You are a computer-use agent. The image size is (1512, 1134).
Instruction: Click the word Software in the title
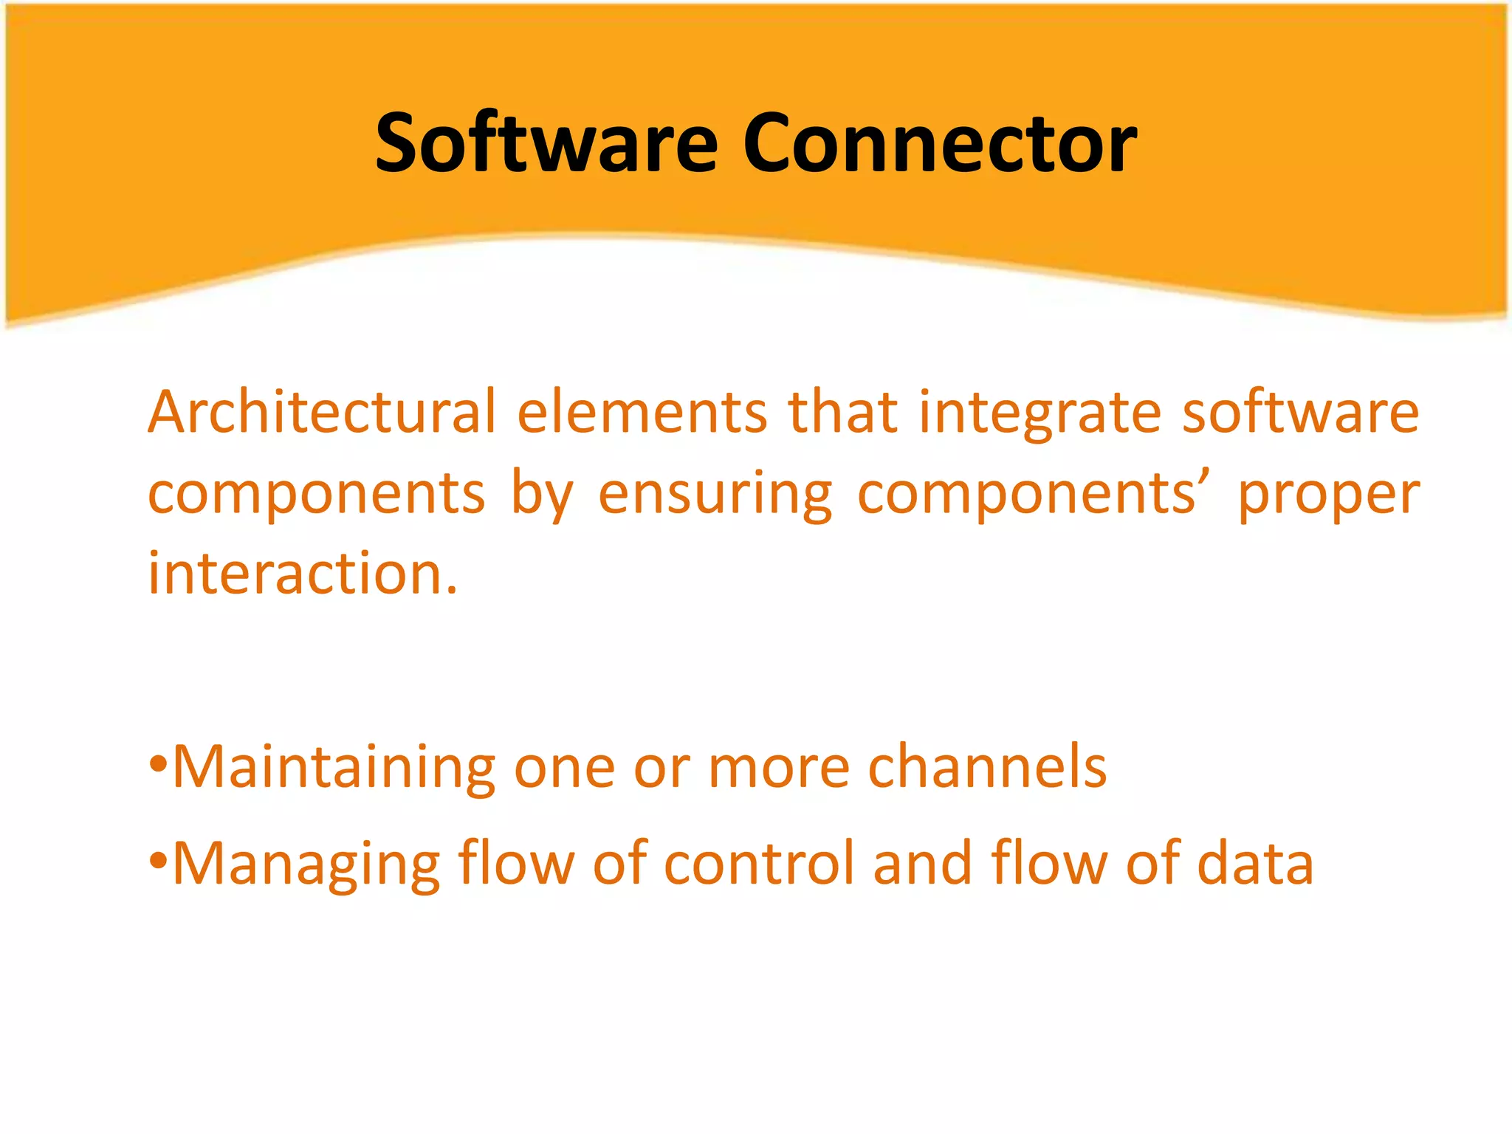pyautogui.click(x=546, y=144)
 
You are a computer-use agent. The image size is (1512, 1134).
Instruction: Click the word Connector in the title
pyautogui.click(x=939, y=144)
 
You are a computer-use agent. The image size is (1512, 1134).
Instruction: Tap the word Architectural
pyautogui.click(x=322, y=412)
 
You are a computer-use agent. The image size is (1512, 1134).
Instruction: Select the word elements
pyautogui.click(x=642, y=412)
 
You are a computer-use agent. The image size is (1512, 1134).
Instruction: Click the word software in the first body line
pyautogui.click(x=1300, y=412)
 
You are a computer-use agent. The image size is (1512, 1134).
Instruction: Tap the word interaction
pyautogui.click(x=303, y=574)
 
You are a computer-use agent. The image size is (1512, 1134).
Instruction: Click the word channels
pyautogui.click(x=987, y=767)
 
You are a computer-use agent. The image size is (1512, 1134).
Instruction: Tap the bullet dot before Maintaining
pyautogui.click(x=158, y=764)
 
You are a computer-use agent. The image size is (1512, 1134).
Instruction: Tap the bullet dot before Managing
pyautogui.click(x=158, y=860)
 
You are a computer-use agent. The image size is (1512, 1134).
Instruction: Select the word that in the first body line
pyautogui.click(x=842, y=412)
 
